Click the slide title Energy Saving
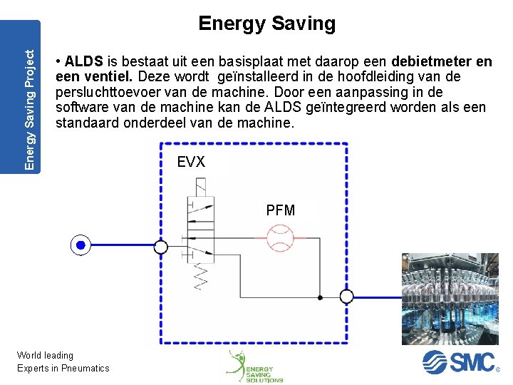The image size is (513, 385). point(266,24)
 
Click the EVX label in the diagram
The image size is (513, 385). point(191,163)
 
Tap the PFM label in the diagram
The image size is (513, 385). point(280,210)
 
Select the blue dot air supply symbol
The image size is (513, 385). point(81,246)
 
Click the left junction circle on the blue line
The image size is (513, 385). point(161,247)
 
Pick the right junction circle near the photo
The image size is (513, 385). point(346,296)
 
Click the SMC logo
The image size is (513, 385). point(460,362)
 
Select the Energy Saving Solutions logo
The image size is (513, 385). point(254,366)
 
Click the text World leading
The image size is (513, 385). point(45,355)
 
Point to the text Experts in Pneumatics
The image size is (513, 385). point(63,368)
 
